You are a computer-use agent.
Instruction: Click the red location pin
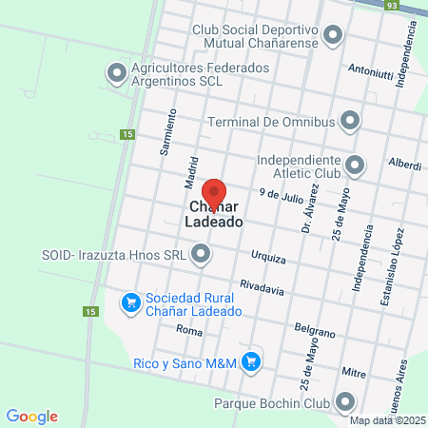[x=213, y=190]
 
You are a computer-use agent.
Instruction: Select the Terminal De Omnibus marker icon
[x=351, y=121]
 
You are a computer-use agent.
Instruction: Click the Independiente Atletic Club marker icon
[x=355, y=165]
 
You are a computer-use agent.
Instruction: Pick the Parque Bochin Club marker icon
[x=345, y=402]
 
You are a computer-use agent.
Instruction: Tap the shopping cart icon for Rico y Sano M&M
[x=251, y=360]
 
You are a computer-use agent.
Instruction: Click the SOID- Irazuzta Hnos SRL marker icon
[x=201, y=253]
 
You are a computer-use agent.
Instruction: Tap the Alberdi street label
[x=405, y=165]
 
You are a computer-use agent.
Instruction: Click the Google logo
[x=31, y=417]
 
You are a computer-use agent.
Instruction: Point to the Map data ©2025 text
[x=387, y=420]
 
